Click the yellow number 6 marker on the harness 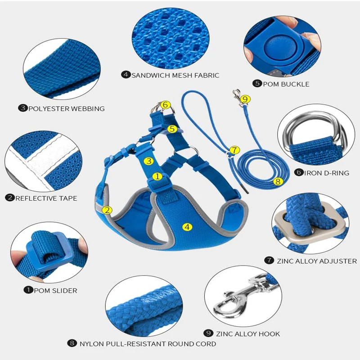[x=165, y=105]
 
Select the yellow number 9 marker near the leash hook [x=244, y=99]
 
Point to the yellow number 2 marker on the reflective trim [x=107, y=210]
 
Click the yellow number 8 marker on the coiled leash [x=278, y=182]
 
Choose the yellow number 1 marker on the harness [x=157, y=176]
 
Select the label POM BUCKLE [x=286, y=84]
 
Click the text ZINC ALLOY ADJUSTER [x=316, y=261]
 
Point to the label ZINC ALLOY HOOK [x=247, y=334]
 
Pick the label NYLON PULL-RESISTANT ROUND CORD [x=148, y=344]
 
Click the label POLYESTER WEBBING [x=66, y=108]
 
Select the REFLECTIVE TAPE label [x=46, y=198]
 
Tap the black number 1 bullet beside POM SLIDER [x=28, y=290]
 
